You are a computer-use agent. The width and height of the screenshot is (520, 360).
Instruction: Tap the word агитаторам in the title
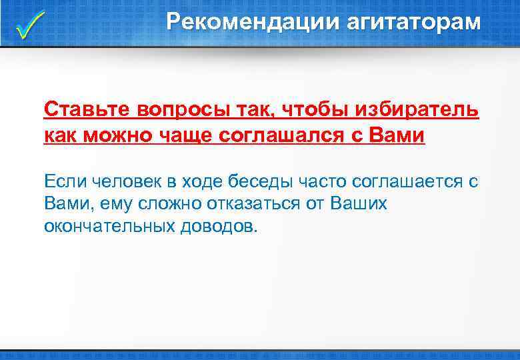pos(413,22)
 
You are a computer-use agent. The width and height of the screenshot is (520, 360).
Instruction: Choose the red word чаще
pos(183,135)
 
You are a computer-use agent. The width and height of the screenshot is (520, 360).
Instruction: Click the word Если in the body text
pos(65,181)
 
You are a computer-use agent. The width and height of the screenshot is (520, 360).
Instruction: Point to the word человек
pos(126,181)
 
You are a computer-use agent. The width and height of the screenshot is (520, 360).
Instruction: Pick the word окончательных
pos(109,225)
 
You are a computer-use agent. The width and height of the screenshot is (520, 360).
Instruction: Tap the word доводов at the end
pos(217,225)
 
